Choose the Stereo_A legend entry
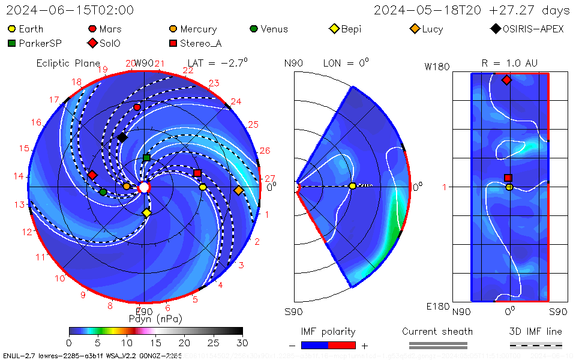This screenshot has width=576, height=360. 194,43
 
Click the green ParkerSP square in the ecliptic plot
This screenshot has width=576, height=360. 146,158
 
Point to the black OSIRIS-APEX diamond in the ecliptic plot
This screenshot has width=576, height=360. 122,137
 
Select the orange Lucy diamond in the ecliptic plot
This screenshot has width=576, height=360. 238,190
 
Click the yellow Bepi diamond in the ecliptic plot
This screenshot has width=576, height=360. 146,213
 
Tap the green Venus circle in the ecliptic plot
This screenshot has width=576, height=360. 103,192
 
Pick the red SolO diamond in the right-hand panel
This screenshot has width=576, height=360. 506,80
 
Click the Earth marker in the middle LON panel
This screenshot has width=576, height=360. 352,186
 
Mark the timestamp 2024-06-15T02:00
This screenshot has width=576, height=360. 70,10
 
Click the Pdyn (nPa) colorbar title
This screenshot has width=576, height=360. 155,318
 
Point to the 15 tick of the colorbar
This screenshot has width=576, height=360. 155,343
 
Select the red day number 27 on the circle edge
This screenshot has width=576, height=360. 270,178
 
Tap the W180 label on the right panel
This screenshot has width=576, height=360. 437,67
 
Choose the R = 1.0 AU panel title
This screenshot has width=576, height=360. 509,62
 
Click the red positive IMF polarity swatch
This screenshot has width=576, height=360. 341,345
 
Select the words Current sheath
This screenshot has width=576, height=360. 437,331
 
